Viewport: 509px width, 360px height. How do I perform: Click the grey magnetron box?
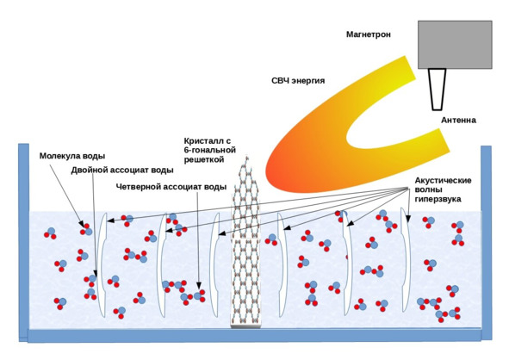pos(455,45)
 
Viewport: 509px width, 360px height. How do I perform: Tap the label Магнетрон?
pos(368,34)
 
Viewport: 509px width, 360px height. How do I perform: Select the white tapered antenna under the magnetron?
pos(437,90)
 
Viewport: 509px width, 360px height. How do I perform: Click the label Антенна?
pos(458,120)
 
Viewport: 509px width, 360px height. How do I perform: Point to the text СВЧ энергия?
pos(298,80)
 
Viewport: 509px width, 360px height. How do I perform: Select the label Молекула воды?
pos(72,156)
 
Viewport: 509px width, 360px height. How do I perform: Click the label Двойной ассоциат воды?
pos(122,171)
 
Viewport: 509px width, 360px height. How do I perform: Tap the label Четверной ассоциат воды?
pos(171,187)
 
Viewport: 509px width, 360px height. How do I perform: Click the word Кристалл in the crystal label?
pos(203,141)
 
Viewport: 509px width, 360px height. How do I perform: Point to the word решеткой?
pos(204,159)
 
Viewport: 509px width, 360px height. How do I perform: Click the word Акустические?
pos(443,181)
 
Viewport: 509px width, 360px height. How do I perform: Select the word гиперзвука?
pos(438,199)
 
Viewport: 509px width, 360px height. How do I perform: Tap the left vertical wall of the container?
pos(24,242)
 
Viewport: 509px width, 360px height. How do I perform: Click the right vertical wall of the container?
pos(486,243)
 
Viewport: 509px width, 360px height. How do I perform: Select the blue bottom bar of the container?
pos(255,336)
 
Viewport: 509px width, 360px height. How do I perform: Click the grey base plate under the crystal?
pos(245,326)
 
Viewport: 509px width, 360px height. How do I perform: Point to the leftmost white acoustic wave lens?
pos(102,264)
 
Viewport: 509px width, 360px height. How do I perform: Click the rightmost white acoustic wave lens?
pos(406,260)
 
